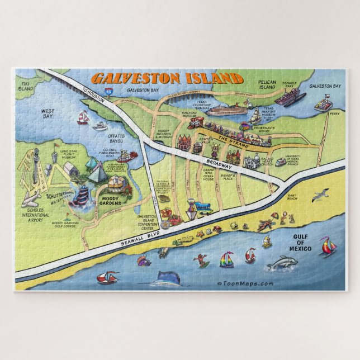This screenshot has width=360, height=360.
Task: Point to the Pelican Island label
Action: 267,84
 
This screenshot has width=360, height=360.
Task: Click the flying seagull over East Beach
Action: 320,196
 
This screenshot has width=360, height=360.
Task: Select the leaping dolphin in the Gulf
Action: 281,263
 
